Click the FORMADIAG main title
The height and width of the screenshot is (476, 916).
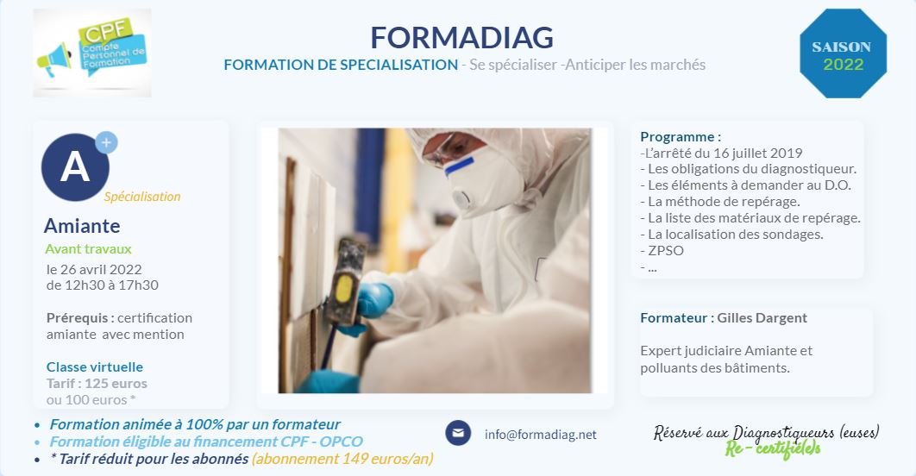pos(461,38)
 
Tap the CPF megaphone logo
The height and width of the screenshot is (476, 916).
pos(92,53)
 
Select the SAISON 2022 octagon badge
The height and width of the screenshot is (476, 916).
pos(843,53)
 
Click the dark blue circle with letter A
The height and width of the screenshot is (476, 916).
pos(75,167)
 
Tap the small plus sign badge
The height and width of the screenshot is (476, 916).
pos(106,142)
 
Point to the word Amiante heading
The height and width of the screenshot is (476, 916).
pos(82,226)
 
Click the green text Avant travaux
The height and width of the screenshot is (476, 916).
pos(88,249)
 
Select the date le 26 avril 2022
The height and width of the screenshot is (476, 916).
pos(94,269)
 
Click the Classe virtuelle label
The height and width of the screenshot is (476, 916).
pos(95,366)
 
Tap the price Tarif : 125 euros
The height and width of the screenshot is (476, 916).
pos(97,383)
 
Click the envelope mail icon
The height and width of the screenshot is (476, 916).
pos(458,433)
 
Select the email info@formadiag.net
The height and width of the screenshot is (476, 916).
pos(540,435)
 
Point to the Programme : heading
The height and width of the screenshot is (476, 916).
pos(681,136)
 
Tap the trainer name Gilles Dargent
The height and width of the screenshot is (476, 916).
pos(762,317)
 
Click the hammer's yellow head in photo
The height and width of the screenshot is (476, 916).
pos(345,289)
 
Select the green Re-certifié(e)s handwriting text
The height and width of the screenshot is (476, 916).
pos(773,449)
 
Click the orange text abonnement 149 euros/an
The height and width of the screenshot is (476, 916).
pos(342,459)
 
